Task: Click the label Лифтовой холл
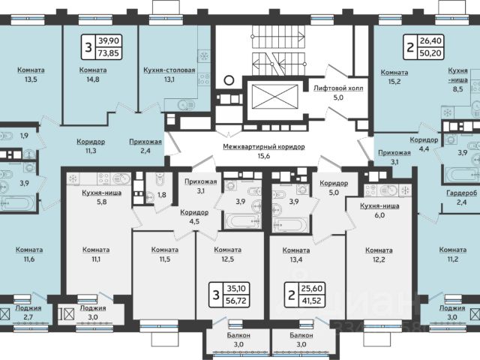[338, 88]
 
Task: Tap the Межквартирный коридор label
[263, 147]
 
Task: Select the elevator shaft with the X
[275, 97]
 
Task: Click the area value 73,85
[109, 53]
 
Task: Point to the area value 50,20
[430, 53]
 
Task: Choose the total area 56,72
[236, 301]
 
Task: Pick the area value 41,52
[311, 301]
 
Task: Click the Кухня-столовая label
[169, 70]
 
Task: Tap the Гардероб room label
[462, 193]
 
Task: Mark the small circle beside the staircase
[229, 80]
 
